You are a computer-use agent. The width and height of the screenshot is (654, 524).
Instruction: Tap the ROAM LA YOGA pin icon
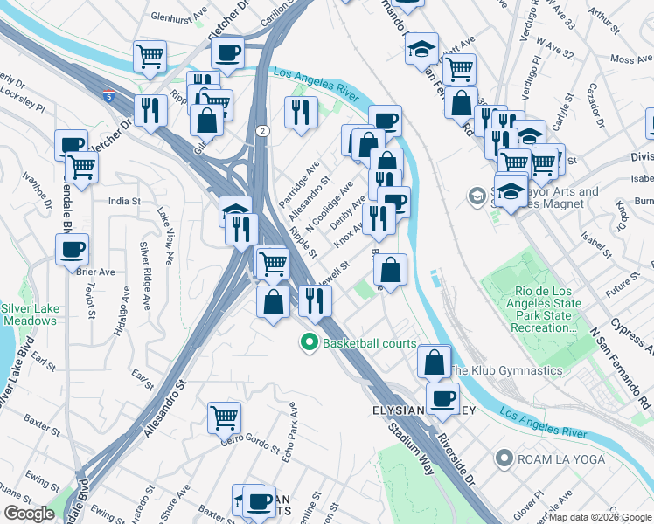[x=504, y=457]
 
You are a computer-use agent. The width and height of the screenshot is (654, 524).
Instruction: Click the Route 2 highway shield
[x=262, y=130]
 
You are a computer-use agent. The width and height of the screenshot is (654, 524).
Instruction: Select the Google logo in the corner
[x=29, y=514]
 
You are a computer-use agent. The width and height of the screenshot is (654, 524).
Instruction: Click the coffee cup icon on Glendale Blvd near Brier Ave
[x=72, y=249]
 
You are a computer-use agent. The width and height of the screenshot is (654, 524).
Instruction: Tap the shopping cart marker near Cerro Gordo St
[x=225, y=418]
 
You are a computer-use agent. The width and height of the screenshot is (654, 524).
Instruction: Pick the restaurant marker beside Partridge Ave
[x=299, y=112]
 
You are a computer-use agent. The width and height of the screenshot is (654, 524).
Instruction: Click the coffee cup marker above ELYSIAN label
[x=442, y=397]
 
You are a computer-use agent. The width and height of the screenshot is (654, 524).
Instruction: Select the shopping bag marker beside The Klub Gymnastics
[x=433, y=360]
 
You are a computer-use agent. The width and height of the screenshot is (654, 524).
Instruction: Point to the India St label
[x=123, y=201]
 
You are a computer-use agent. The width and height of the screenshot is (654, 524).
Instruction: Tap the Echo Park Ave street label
[x=293, y=433]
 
